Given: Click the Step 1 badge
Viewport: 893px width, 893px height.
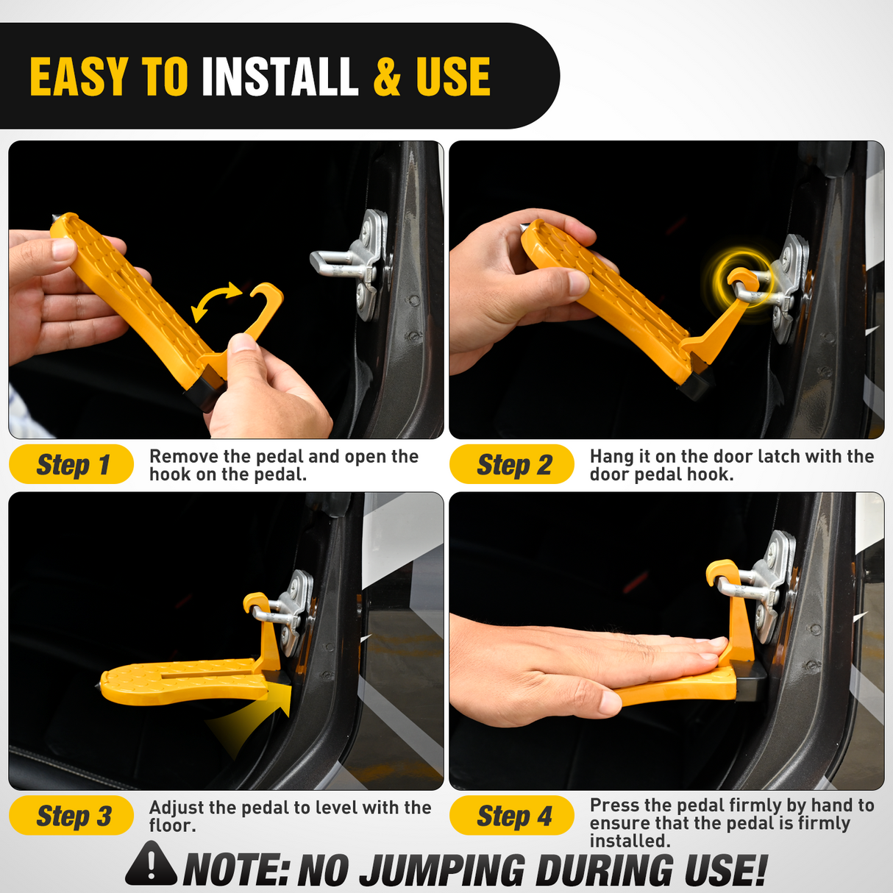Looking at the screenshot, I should click(71, 465).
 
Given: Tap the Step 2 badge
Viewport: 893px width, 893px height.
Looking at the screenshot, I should click(512, 465).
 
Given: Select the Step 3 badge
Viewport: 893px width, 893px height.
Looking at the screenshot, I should click(71, 816).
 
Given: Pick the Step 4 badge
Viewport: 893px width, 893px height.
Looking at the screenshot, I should click(512, 816).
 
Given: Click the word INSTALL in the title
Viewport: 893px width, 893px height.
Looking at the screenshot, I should click(280, 77).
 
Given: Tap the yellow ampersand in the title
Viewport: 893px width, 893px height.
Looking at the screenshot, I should click(387, 77).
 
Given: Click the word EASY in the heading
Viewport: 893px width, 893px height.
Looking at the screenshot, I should click(79, 77).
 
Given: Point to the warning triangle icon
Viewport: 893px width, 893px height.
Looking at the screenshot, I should click(151, 865).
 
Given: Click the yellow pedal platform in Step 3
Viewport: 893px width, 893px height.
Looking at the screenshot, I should click(184, 680).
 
